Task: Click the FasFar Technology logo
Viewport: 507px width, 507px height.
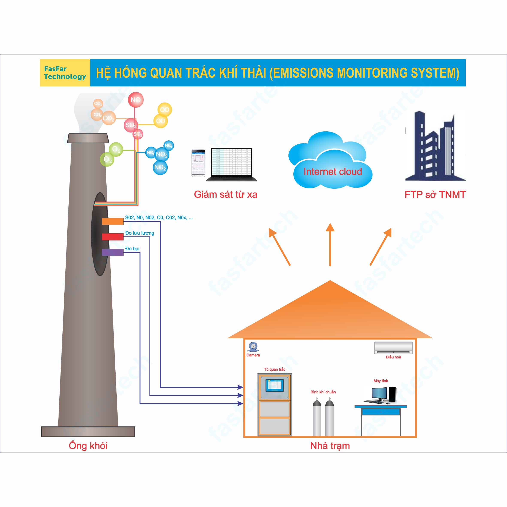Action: (65, 73)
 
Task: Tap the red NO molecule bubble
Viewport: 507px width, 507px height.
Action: (136, 100)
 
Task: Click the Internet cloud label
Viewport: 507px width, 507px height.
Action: (332, 172)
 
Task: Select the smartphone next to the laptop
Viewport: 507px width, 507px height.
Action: (198, 163)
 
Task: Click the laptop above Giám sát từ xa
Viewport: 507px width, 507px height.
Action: (231, 164)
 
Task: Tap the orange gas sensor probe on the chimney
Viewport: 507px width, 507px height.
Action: (113, 221)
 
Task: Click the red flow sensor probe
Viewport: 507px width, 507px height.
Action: (113, 237)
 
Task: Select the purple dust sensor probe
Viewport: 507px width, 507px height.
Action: (113, 252)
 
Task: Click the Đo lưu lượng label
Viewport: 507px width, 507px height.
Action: (139, 233)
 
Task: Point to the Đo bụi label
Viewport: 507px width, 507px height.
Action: (132, 248)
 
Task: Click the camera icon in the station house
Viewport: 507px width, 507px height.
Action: (253, 347)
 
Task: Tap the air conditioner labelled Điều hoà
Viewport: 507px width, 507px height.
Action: (393, 348)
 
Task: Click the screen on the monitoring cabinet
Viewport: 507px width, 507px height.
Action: (275, 385)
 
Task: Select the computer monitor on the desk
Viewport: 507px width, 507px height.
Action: (379, 394)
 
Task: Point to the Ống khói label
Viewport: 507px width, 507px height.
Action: (88, 446)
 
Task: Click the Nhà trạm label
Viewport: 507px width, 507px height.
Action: (330, 446)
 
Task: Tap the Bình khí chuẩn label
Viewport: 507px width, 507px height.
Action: (323, 392)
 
